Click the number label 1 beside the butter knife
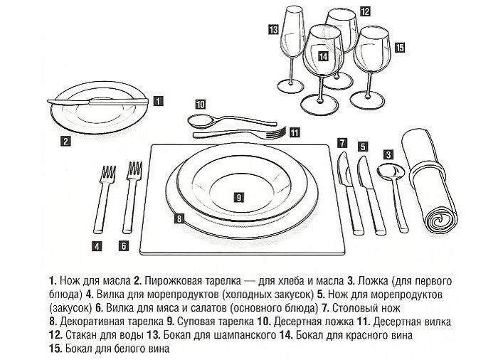(158, 101)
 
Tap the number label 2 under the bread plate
(65, 141)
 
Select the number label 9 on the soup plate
(239, 196)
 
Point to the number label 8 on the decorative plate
(180, 218)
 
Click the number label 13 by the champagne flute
(273, 30)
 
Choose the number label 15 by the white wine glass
(399, 48)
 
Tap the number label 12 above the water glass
(364, 11)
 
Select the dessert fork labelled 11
(242, 133)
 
